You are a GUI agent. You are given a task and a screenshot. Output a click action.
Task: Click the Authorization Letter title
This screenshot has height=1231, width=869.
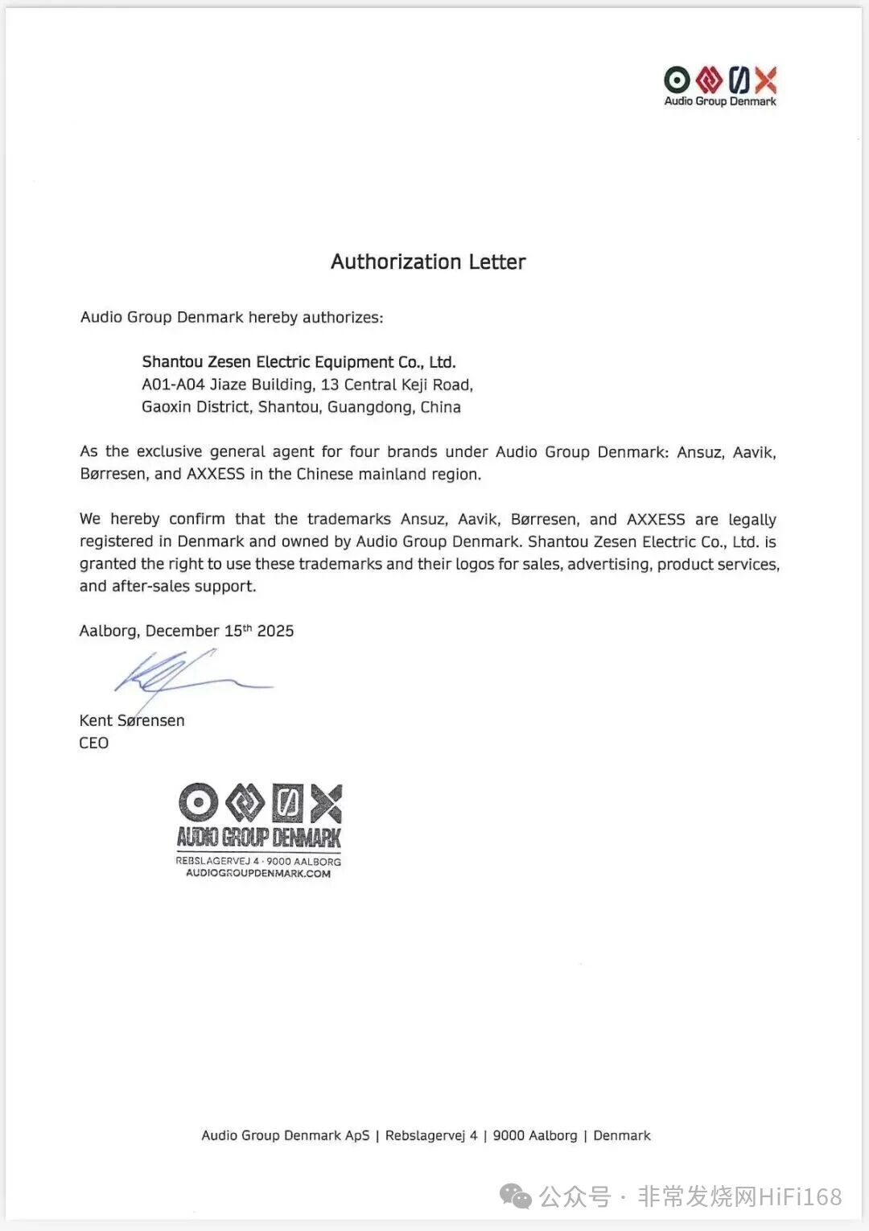click(x=428, y=262)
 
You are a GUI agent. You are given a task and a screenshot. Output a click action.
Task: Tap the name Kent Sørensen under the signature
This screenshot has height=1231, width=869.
click(x=132, y=721)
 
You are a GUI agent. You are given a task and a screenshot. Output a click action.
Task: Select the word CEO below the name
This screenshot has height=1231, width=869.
click(x=93, y=743)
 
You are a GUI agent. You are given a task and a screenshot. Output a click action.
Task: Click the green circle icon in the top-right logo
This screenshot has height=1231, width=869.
click(x=677, y=80)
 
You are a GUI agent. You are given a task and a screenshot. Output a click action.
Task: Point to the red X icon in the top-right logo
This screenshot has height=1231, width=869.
click(x=766, y=80)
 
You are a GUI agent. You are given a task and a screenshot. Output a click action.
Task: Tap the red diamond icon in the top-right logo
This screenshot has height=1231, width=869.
click(x=708, y=80)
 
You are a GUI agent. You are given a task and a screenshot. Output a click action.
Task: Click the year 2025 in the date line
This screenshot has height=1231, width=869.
click(x=275, y=632)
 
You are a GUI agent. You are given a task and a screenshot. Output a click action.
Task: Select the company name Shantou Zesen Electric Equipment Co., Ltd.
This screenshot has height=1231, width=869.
click(x=299, y=362)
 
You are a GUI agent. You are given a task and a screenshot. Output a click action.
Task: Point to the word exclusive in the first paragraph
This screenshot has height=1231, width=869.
click(x=169, y=452)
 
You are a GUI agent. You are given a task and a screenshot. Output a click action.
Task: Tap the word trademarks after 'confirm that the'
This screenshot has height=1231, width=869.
click(x=349, y=520)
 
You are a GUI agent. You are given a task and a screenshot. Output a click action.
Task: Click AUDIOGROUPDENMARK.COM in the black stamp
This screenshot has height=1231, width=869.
click(x=258, y=874)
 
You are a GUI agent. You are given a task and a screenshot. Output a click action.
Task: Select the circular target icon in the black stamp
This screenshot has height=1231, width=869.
click(x=198, y=803)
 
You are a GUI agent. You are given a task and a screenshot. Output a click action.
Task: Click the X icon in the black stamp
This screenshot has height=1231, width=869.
click(x=327, y=803)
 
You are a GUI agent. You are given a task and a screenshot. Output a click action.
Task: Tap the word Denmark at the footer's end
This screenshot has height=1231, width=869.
click(x=622, y=1136)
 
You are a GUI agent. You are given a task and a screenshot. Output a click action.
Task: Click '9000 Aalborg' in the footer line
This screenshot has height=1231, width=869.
click(x=535, y=1136)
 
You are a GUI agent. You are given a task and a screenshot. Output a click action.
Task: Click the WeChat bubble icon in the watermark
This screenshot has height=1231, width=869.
click(x=516, y=1197)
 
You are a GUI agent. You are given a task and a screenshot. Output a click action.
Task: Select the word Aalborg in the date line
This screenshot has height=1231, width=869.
click(x=109, y=632)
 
